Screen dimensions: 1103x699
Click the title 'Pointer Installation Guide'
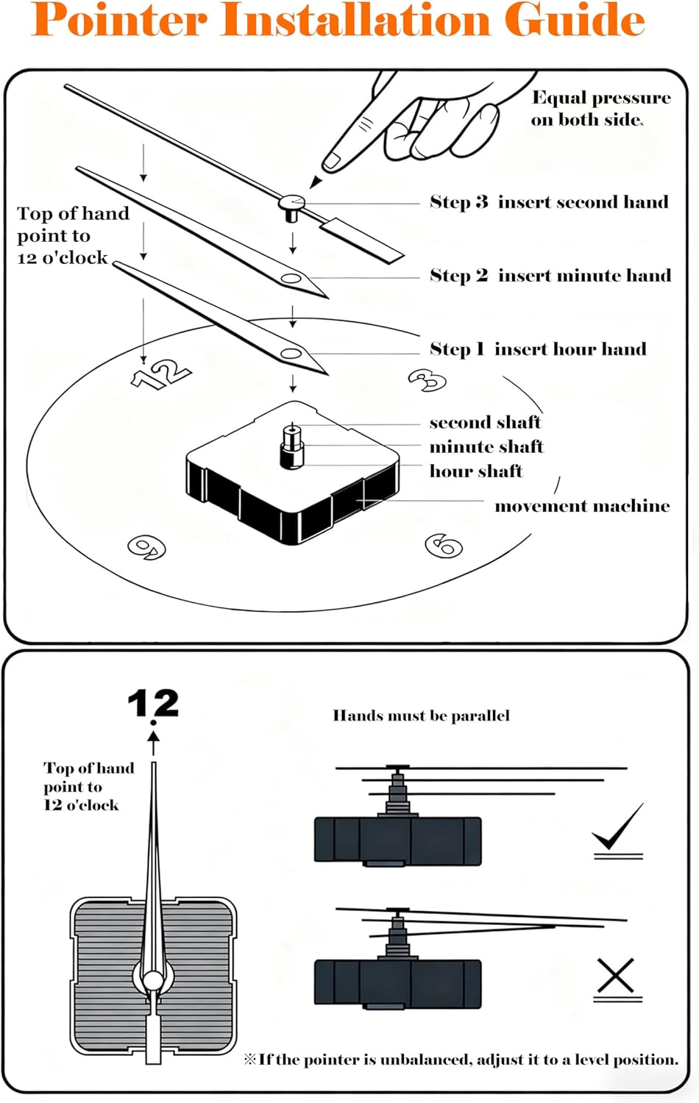click(338, 20)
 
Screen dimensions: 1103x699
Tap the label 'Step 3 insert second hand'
click(549, 202)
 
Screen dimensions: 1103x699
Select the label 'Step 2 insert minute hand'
click(550, 276)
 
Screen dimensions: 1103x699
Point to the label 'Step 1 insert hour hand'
click(538, 349)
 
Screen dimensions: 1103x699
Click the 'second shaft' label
click(485, 423)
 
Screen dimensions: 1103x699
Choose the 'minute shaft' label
click(486, 447)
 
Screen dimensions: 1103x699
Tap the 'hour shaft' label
click(476, 471)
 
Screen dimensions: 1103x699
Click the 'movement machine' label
click(582, 506)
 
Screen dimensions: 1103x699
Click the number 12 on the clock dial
click(161, 374)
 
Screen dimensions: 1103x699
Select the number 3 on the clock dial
click(427, 380)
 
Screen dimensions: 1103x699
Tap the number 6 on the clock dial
click(444, 545)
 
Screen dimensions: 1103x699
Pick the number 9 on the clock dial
click(147, 547)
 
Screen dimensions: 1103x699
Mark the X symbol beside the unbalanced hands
click(616, 977)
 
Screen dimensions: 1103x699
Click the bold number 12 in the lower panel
click(153, 704)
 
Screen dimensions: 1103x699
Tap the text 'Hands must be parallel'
click(421, 715)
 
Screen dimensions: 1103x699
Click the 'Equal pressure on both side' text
click(600, 109)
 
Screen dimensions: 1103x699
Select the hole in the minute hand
click(291, 279)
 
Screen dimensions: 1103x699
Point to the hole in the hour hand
click(291, 354)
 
